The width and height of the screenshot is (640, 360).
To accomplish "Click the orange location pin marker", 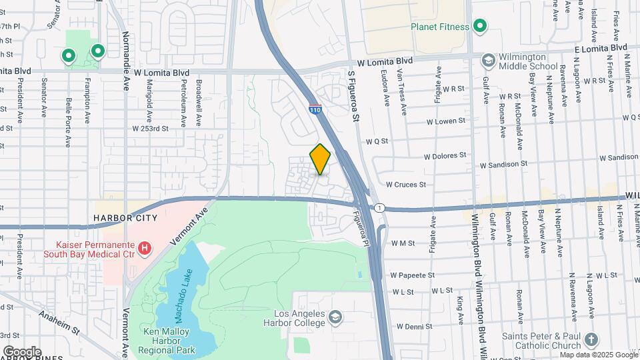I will tap(320, 159).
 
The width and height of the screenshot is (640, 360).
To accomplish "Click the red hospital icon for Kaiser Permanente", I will tap(145, 249).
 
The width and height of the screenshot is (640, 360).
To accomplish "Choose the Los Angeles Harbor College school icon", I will tap(335, 316).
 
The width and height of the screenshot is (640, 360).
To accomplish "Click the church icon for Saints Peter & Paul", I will tap(591, 340).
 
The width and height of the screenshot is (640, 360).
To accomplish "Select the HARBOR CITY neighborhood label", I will tap(125, 218).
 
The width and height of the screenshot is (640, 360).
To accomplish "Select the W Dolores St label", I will tap(445, 155).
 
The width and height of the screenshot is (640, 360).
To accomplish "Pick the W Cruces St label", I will tap(406, 184).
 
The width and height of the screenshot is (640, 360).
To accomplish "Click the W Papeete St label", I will tap(413, 275).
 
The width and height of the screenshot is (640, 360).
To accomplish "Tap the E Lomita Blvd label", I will tap(601, 48).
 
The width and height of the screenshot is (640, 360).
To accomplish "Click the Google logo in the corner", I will tap(22, 351).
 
